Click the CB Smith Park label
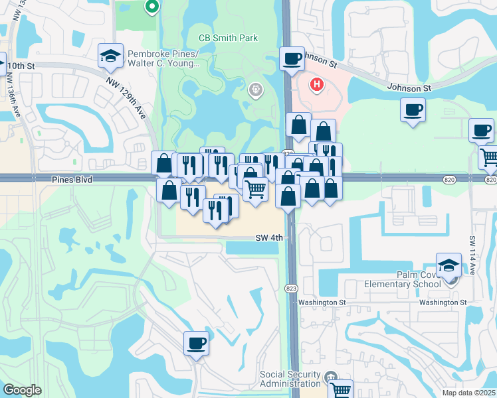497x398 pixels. coord(229,38)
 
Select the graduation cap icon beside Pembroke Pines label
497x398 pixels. coord(110,56)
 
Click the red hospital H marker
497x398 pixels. coord(317,85)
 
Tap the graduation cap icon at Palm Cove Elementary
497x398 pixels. coord(449,265)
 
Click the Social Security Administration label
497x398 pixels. coord(290,379)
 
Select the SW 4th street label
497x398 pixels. coord(269,237)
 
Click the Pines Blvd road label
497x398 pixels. coord(71,180)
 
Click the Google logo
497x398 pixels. coord(22,390)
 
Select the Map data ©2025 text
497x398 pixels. coord(469,393)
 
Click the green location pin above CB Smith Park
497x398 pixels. coord(151,7)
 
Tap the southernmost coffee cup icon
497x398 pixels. coord(196,344)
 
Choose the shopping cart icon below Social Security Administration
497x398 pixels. coord(340,390)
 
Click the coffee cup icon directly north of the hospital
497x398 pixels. coord(291,59)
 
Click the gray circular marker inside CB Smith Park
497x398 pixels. coord(254,89)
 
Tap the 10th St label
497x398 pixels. coord(21,66)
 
